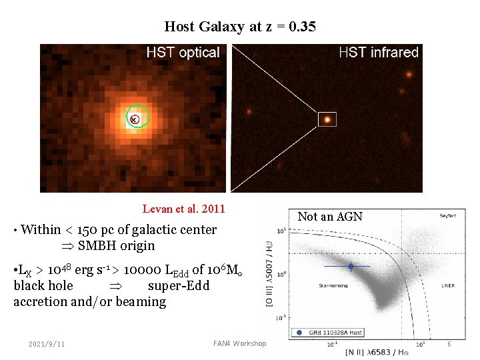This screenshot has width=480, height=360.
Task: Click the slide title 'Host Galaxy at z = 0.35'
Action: point(240,27)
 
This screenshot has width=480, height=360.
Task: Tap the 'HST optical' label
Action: point(183,53)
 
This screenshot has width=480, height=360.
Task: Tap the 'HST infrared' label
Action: point(378,53)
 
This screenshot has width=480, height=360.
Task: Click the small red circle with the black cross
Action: point(134,119)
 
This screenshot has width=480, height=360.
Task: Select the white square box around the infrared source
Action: point(327,119)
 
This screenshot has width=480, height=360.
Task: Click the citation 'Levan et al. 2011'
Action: point(184,209)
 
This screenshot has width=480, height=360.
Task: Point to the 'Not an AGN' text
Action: point(329,216)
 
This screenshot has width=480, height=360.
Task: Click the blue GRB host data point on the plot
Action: point(351,267)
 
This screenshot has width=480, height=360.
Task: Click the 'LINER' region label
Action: point(429,285)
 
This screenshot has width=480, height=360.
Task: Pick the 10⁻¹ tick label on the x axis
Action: point(331,345)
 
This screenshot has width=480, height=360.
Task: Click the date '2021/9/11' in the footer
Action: point(47,343)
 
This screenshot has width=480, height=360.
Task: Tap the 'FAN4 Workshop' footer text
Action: point(239,343)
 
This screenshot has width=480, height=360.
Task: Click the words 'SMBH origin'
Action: point(116,245)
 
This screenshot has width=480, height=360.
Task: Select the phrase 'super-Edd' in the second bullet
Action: point(179,286)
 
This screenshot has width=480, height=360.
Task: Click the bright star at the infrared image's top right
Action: point(411,72)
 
